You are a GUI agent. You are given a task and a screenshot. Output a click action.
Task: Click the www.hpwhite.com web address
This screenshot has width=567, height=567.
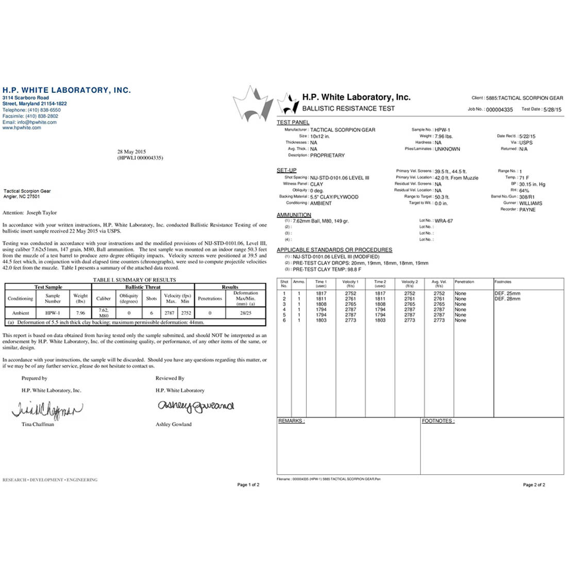click(22, 128)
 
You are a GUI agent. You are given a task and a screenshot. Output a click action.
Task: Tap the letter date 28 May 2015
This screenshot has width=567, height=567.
click(132, 152)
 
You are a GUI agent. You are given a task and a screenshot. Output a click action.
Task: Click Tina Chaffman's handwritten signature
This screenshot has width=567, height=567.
click(46, 410)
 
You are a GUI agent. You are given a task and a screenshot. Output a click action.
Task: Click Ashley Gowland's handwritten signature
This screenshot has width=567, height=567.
click(195, 407)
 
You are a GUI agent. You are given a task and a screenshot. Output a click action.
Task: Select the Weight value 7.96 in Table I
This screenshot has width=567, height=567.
click(80, 313)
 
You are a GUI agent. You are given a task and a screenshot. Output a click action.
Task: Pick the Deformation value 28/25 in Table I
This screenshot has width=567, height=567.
click(245, 313)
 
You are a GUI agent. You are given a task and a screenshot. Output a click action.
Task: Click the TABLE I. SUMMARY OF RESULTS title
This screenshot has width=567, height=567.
click(135, 280)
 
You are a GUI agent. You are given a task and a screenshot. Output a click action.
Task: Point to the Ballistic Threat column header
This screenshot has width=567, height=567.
click(143, 287)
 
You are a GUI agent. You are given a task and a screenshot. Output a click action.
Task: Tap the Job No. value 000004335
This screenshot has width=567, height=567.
click(499, 110)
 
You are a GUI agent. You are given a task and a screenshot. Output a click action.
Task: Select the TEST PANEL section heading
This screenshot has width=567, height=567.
click(293, 123)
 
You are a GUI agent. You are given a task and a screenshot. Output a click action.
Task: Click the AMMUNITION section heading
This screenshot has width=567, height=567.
click(294, 215)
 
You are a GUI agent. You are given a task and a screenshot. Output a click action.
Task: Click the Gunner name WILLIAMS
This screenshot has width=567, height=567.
click(530, 203)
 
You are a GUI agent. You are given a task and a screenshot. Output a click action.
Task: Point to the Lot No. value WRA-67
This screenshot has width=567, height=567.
click(444, 221)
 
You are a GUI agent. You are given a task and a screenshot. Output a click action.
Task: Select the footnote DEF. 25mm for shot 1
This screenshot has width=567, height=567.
click(507, 293)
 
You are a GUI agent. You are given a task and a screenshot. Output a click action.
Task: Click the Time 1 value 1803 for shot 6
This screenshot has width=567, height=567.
click(321, 320)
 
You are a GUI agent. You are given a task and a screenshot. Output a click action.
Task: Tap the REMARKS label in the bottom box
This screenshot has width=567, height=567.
click(291, 421)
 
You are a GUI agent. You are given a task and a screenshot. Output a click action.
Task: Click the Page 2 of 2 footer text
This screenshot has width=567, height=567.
click(534, 485)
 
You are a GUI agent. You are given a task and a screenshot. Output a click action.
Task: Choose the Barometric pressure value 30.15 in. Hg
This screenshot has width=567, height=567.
click(532, 184)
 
